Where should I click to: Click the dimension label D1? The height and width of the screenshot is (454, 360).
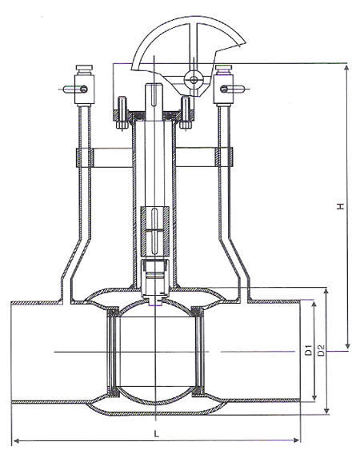[308, 350]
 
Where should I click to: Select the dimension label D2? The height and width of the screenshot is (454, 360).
[321, 350]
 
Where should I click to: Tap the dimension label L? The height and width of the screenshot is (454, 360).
[157, 434]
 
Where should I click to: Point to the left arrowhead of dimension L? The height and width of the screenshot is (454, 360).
[17, 441]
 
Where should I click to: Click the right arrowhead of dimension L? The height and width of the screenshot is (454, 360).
[296, 440]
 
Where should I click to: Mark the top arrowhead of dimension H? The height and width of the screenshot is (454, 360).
[347, 68]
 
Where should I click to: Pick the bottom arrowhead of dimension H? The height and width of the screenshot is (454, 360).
[348, 346]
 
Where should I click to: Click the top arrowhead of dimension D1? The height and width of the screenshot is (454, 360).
[314, 305]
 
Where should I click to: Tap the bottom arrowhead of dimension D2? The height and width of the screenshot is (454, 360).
[326, 411]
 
